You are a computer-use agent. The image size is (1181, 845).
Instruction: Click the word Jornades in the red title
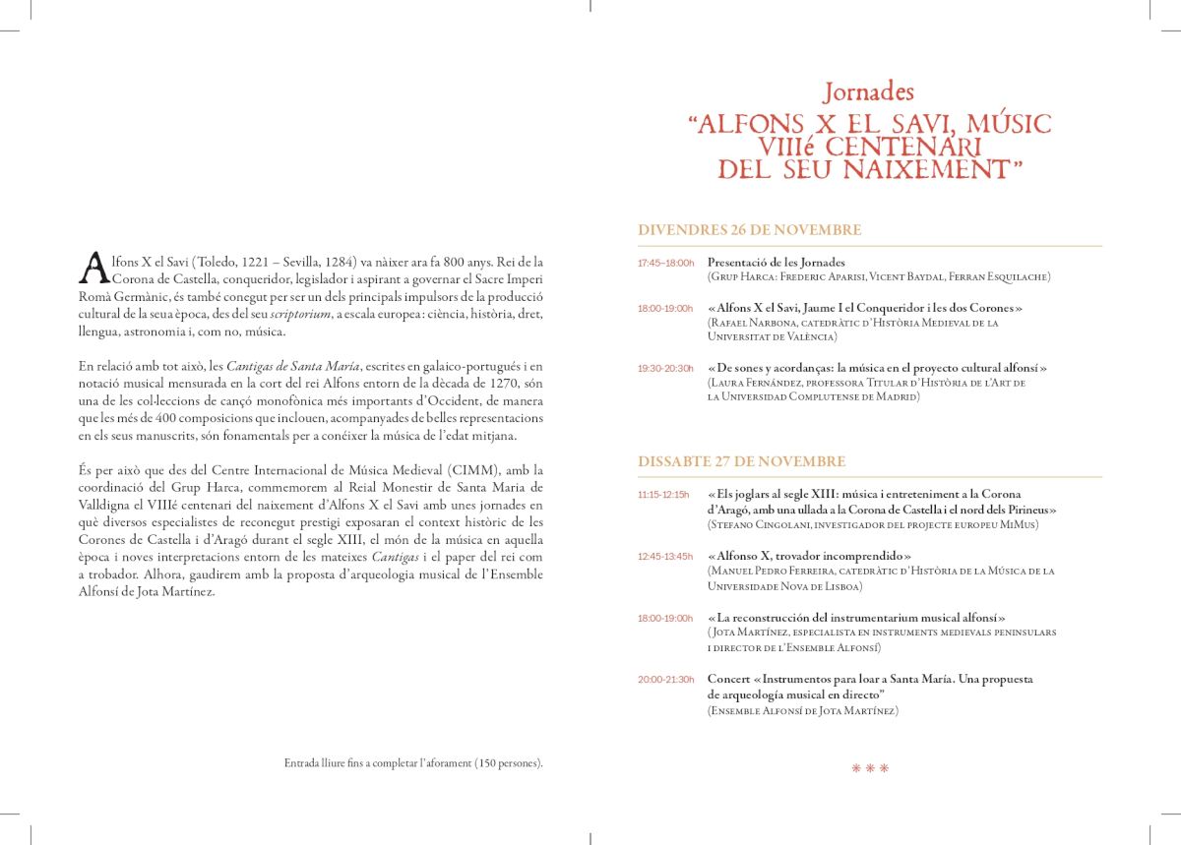869,92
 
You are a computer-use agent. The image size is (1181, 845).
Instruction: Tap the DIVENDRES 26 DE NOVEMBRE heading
749,230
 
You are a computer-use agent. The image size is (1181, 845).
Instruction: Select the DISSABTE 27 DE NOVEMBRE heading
741,461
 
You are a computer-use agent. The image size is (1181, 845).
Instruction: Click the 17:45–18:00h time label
665,263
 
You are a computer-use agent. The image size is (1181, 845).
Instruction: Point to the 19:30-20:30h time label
665,368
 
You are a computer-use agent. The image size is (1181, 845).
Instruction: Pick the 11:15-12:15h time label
664,494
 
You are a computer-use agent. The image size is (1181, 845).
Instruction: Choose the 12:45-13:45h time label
665,556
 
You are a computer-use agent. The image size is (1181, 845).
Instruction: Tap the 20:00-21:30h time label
665,680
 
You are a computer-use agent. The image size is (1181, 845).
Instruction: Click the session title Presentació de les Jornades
777,263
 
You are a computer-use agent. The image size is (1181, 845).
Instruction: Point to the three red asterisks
870,768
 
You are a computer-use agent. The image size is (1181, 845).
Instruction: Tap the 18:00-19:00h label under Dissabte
665,618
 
